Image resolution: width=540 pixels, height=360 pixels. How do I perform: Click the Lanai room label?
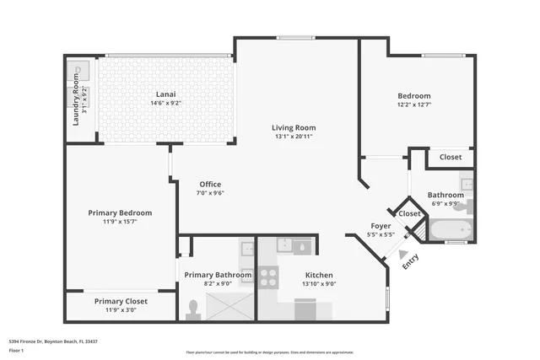tap(165, 94)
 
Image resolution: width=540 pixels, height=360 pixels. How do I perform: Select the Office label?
tap(210, 184)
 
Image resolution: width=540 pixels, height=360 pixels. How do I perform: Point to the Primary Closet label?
tap(121, 301)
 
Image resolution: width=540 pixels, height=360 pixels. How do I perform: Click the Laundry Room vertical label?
tap(76, 101)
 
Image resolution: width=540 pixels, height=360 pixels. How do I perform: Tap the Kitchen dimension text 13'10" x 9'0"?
tap(319, 284)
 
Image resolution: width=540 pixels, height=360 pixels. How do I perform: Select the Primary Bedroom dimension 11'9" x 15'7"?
tap(120, 222)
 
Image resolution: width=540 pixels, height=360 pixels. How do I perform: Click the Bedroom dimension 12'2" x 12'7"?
tap(414, 105)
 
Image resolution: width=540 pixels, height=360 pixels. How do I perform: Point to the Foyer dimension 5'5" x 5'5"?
tap(381, 235)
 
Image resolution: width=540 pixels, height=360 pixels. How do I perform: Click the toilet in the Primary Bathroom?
tap(193, 309)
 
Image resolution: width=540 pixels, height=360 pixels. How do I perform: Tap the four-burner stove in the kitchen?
tap(269, 277)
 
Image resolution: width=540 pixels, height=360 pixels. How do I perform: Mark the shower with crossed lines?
tap(227, 304)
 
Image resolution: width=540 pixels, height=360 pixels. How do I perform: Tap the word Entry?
tap(410, 261)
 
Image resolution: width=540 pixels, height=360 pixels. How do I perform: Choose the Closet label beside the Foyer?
tap(409, 213)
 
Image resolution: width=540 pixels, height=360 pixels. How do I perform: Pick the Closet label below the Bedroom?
tap(451, 157)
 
